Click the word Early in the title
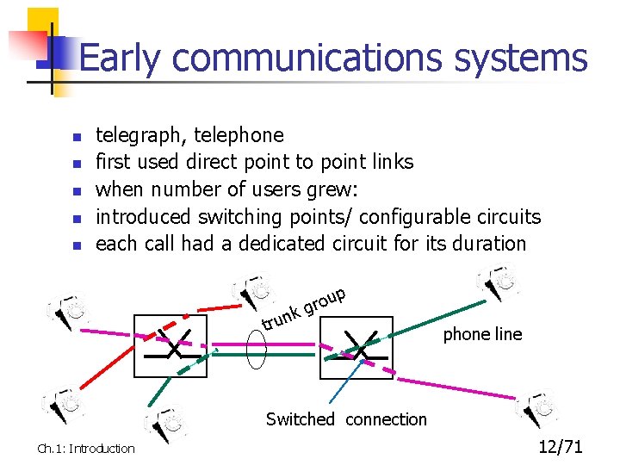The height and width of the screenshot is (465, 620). tap(119, 59)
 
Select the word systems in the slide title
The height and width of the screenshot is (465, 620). tap(523, 59)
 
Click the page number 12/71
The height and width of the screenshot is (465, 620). tap(561, 446)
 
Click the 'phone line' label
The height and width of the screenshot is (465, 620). tap(482, 334)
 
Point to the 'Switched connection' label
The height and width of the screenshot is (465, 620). tap(346, 419)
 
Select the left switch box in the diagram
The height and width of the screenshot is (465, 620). tap(170, 345)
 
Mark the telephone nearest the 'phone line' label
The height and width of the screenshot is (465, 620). tap(497, 281)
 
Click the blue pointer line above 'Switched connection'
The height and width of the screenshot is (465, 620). tap(341, 383)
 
